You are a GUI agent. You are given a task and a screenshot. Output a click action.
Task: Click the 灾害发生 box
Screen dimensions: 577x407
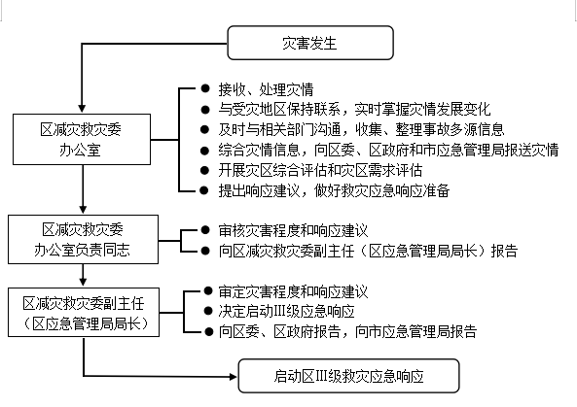coord(310,43)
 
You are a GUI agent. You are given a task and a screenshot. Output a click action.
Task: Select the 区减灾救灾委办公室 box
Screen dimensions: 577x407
coord(82,139)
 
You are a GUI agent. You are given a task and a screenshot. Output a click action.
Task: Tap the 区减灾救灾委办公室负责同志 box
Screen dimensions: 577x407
coord(83,240)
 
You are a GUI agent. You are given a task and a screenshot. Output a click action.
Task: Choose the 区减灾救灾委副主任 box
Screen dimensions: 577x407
coord(84,312)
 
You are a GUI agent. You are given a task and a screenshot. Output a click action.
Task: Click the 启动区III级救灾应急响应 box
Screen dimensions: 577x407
coord(349,376)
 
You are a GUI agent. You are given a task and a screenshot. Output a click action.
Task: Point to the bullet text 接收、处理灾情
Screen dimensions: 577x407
coord(266,89)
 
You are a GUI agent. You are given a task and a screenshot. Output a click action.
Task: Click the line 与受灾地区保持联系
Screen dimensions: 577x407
coord(354,109)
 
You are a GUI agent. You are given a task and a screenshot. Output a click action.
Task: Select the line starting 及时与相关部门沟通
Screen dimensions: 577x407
coord(361,129)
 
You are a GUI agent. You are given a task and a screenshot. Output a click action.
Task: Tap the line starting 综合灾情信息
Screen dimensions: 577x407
coord(388,150)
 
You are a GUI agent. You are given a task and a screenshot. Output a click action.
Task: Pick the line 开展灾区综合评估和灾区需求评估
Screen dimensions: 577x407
coord(320,170)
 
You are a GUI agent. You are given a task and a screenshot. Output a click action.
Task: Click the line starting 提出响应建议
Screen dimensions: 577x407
coord(334,190)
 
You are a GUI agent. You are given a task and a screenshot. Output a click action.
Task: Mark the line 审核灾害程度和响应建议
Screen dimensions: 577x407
coord(293,230)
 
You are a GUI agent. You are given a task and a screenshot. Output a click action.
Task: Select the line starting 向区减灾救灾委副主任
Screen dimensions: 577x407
coord(368,251)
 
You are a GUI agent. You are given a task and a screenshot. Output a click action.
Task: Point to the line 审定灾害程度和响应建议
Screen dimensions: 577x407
coord(293,291)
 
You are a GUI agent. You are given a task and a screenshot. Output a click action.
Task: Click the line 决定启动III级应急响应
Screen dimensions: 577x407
coord(286,312)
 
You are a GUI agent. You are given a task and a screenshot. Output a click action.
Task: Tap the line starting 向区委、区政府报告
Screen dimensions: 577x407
coord(347,331)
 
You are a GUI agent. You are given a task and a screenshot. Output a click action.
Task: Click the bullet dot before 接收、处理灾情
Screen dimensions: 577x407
coord(205,88)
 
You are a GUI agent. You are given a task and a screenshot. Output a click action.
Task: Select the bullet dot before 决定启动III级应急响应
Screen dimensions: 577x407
coord(208,311)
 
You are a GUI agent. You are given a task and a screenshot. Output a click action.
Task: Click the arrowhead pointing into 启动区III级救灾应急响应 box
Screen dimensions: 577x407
coord(233,377)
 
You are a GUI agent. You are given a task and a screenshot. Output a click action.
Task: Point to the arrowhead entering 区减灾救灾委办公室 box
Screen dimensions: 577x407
coord(82,109)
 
